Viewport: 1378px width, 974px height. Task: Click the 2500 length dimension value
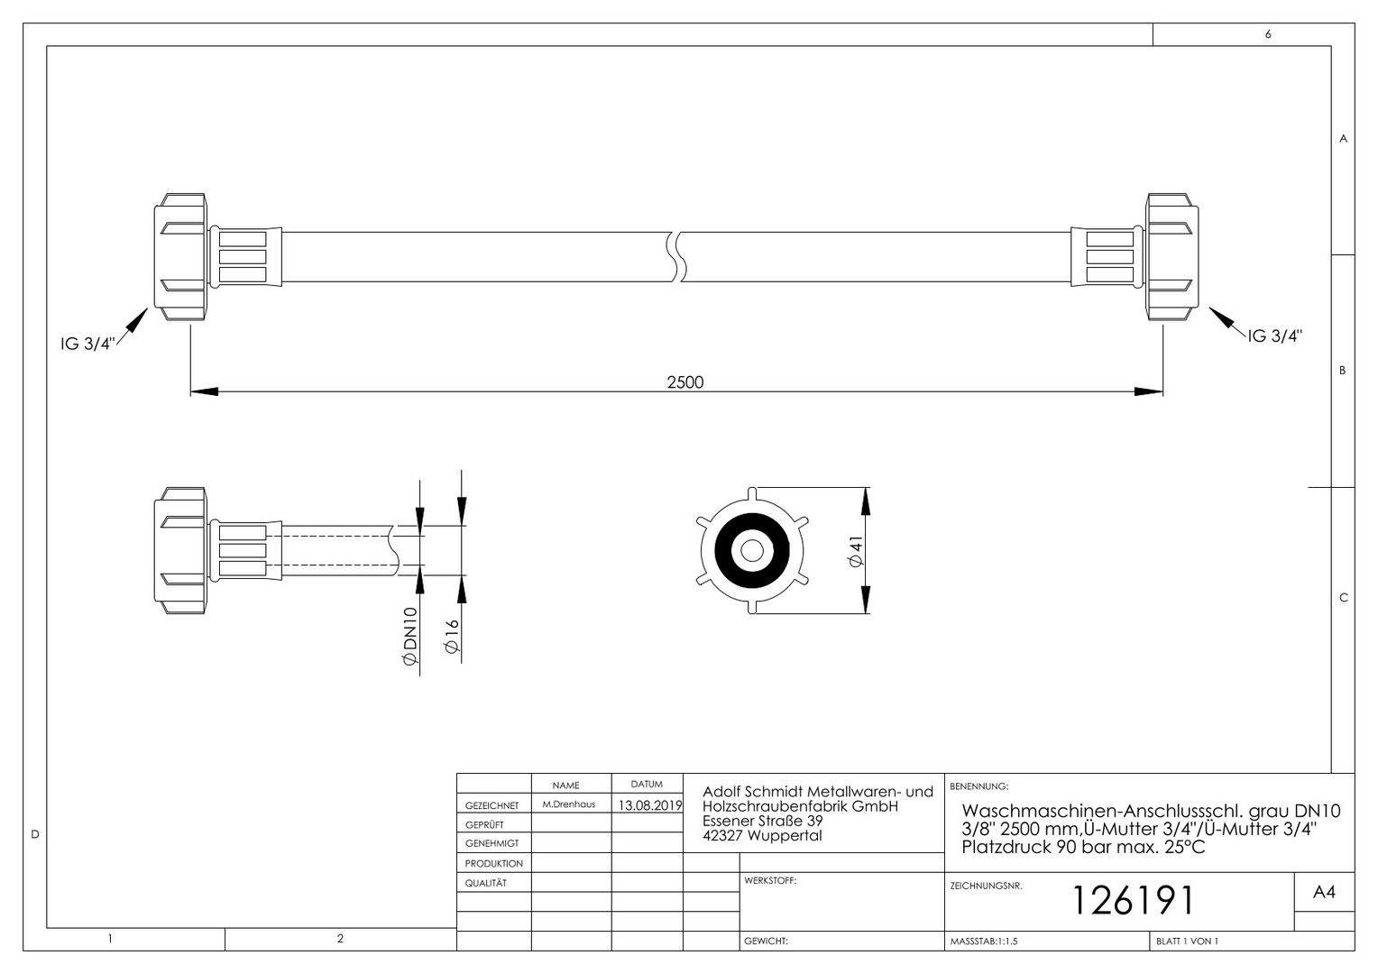684,382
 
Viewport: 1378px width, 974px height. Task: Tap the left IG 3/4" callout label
87,344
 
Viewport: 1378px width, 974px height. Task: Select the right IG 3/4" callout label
1275,336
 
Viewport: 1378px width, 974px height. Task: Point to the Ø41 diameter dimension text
856,551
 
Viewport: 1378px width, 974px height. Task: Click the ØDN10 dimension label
409,636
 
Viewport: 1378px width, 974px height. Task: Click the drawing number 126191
1134,900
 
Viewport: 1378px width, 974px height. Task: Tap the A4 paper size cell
1324,892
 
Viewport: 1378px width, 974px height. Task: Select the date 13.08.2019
649,805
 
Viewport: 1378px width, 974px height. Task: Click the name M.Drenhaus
568,804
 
